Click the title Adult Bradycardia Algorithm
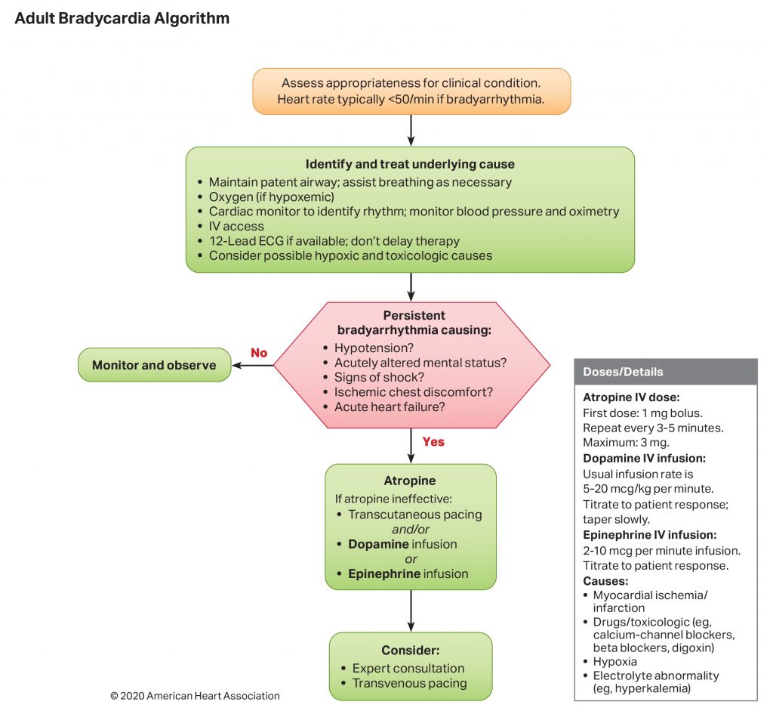click(x=122, y=18)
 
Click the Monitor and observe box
click(x=154, y=365)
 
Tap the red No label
click(x=259, y=353)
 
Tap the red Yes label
click(x=433, y=441)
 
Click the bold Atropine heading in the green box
click(x=410, y=481)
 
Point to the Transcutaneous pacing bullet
click(x=414, y=515)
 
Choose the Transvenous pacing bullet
click(x=409, y=683)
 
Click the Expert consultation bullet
click(x=408, y=668)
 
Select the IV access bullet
click(x=236, y=226)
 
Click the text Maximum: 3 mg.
click(x=626, y=442)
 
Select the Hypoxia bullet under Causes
click(x=614, y=661)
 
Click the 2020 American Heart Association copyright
click(x=195, y=696)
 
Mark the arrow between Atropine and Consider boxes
click(x=411, y=611)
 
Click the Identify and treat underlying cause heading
click(x=410, y=164)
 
